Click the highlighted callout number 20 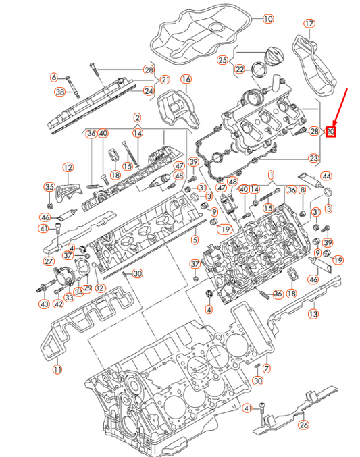(x=331, y=131)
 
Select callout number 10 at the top (x=267, y=19)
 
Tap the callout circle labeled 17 (x=309, y=24)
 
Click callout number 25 (x=223, y=60)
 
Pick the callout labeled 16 (x=186, y=80)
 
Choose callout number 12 (x=68, y=167)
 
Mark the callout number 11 (x=57, y=369)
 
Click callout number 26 (x=303, y=425)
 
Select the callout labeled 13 (x=313, y=314)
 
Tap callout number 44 (x=326, y=176)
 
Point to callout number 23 (x=313, y=158)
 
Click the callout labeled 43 (x=44, y=304)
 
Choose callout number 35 (x=49, y=187)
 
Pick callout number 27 (x=49, y=261)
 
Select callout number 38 (x=59, y=92)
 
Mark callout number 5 (x=195, y=239)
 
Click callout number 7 (x=266, y=368)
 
